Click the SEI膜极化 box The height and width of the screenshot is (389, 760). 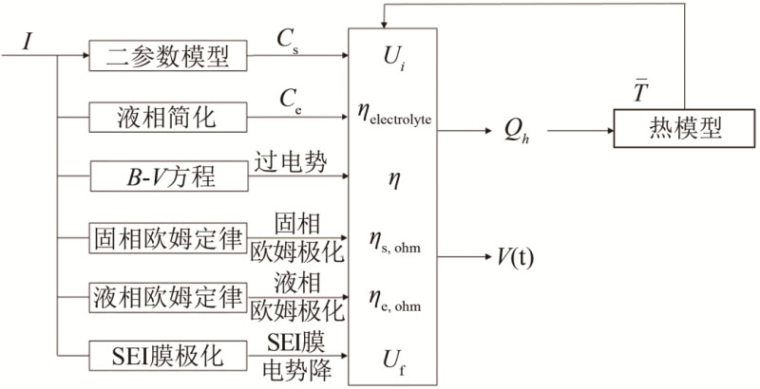click(167, 356)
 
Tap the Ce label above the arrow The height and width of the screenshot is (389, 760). click(288, 101)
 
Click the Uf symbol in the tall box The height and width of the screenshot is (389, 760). click(393, 357)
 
